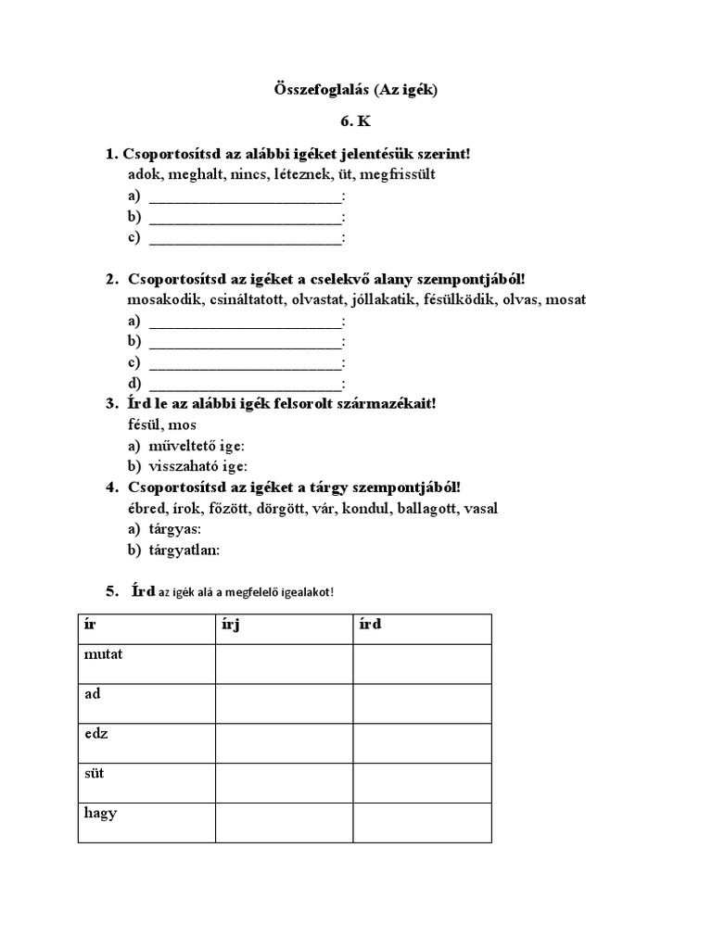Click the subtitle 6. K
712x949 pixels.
click(357, 121)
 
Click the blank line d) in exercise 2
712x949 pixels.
click(245, 383)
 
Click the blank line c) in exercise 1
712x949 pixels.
click(245, 237)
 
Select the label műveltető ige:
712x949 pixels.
click(197, 446)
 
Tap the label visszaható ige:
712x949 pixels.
click(198, 466)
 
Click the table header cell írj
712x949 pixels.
click(235, 625)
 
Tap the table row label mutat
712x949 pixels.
click(103, 654)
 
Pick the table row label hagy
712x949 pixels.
click(99, 813)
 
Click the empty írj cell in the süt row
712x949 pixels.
click(284, 782)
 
